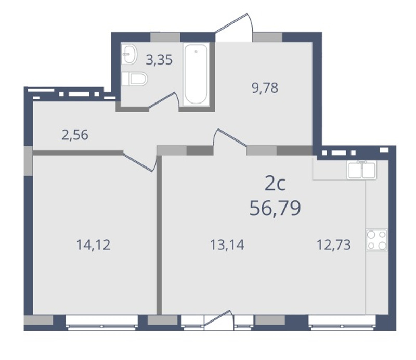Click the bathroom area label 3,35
pyautogui.click(x=159, y=60)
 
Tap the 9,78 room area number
pyautogui.click(x=265, y=88)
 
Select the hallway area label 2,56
pyautogui.click(x=75, y=135)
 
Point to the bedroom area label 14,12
pyautogui.click(x=93, y=245)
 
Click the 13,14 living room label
pyautogui.click(x=227, y=245)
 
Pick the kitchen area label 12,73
pyautogui.click(x=334, y=245)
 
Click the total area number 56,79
pyautogui.click(x=275, y=208)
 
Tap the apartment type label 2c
pyautogui.click(x=275, y=184)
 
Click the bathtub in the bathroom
pyautogui.click(x=196, y=74)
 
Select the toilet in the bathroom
pyautogui.click(x=134, y=79)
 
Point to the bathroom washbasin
pyautogui.click(x=129, y=54)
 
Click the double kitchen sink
pyautogui.click(x=362, y=170)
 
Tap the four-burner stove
pyautogui.click(x=376, y=240)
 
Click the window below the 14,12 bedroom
pyautogui.click(x=101, y=323)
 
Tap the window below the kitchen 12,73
pyautogui.click(x=342, y=323)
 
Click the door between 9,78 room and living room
pyautogui.click(x=230, y=137)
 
